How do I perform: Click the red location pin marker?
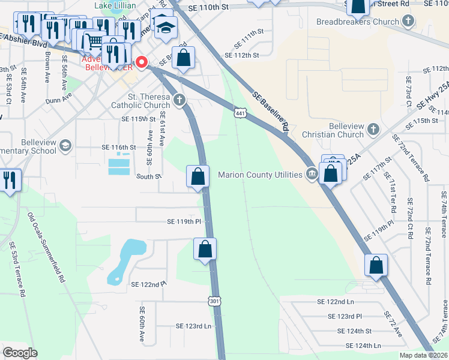point(142,62)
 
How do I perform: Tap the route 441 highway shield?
point(240,113)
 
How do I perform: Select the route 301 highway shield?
point(214,300)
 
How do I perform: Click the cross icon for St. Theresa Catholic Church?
point(178,99)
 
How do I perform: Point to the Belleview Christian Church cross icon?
point(373,129)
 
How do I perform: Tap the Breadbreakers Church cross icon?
point(408,22)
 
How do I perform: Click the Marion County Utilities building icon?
point(312,175)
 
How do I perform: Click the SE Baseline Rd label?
point(271,112)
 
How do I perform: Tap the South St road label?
point(149,176)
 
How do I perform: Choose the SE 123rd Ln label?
point(194,326)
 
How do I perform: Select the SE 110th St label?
point(208,8)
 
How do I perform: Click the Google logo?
point(20,352)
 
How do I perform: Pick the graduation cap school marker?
point(163,27)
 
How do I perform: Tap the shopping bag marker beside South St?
point(197,177)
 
